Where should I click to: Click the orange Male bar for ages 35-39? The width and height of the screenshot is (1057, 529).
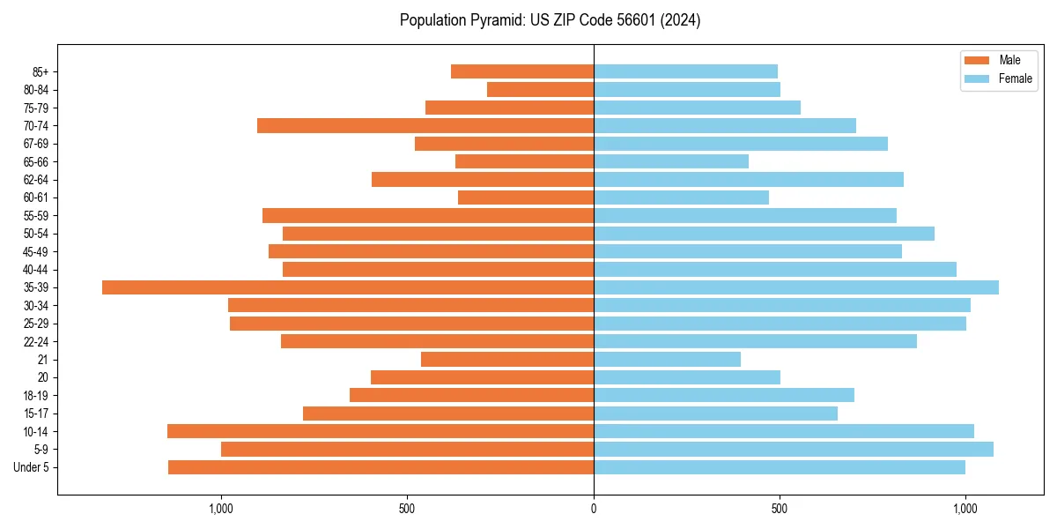click(x=348, y=287)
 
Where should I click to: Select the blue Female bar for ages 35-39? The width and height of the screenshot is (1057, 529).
click(x=796, y=287)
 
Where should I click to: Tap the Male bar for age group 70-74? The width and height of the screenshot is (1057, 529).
click(x=425, y=126)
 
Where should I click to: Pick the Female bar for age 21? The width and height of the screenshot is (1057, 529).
click(x=667, y=360)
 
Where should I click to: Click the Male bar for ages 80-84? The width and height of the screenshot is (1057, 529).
click(x=540, y=90)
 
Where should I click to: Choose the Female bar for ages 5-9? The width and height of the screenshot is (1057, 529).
click(x=793, y=450)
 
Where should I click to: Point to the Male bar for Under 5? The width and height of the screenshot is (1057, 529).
click(x=381, y=467)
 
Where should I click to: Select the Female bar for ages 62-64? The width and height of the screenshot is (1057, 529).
click(x=749, y=180)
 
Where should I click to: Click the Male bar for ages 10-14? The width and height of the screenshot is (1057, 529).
click(x=381, y=431)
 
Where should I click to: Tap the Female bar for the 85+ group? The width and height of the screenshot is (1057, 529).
click(x=685, y=71)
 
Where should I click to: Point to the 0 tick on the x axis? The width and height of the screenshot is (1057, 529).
click(x=594, y=509)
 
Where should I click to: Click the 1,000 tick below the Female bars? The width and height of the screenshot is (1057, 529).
click(x=965, y=509)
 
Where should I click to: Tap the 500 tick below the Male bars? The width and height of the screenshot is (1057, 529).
click(x=407, y=509)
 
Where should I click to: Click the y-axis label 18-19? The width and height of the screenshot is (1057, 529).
click(x=35, y=396)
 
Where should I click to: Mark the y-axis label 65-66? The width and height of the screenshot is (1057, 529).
click(x=35, y=162)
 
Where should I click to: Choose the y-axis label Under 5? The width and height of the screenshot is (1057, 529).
click(x=31, y=467)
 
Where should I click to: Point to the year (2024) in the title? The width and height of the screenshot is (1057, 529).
click(x=684, y=20)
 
